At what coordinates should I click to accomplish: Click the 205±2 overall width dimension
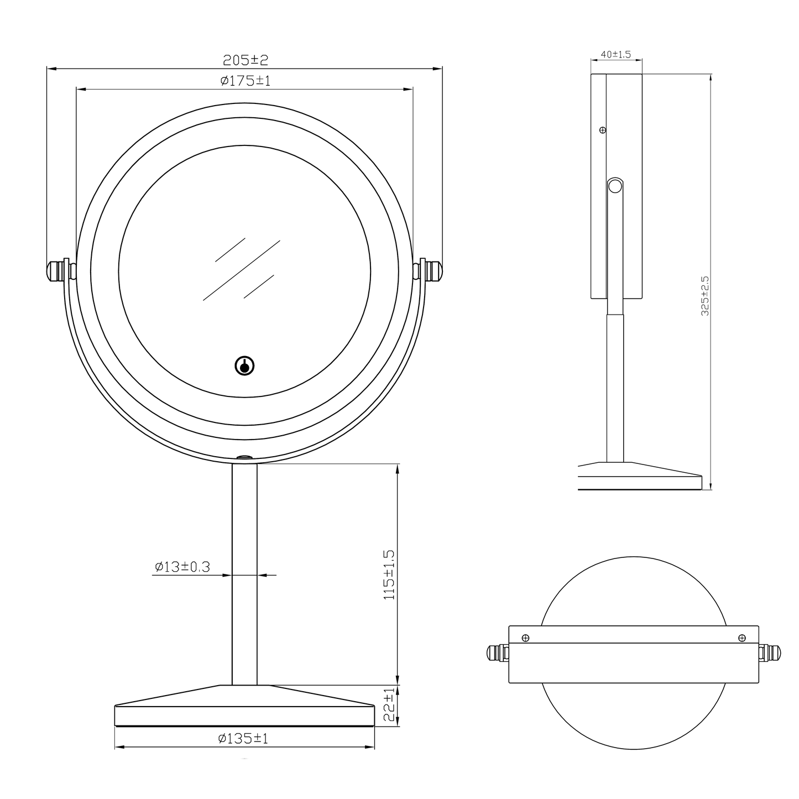[x=246, y=60]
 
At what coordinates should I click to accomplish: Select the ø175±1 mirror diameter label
[x=246, y=80]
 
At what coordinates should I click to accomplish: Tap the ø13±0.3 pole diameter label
[x=182, y=566]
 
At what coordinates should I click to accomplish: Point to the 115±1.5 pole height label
[x=389, y=575]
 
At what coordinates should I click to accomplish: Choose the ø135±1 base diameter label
[x=243, y=738]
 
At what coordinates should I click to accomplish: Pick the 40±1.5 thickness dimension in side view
[x=616, y=54]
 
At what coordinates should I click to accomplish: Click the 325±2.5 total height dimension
[x=705, y=296]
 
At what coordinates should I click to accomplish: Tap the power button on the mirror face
[x=244, y=366]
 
